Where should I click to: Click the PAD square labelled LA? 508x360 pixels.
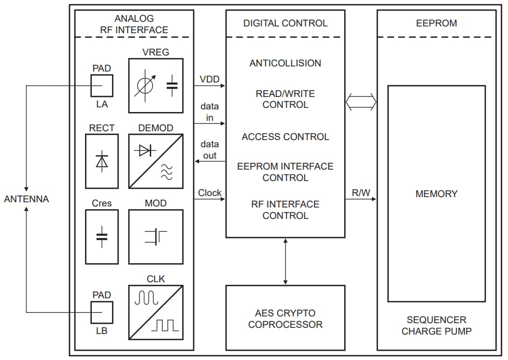(x=102, y=86)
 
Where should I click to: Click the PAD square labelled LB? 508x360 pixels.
(x=102, y=312)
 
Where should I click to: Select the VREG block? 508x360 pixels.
(x=156, y=86)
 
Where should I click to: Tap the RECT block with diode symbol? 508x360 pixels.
(x=102, y=161)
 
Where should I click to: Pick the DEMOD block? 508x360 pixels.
(x=156, y=161)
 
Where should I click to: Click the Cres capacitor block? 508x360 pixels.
(x=102, y=237)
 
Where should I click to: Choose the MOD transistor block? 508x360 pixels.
(x=156, y=237)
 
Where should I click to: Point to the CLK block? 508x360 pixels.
(x=156, y=312)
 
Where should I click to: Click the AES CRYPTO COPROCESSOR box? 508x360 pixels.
(x=285, y=319)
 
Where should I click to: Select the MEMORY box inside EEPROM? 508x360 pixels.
(x=436, y=193)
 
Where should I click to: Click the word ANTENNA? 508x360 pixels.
(x=26, y=199)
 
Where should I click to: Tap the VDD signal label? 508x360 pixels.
(x=209, y=79)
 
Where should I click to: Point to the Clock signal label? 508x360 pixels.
(x=209, y=193)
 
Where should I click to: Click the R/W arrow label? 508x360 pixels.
(x=361, y=193)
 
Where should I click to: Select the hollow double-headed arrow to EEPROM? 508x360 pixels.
(x=361, y=102)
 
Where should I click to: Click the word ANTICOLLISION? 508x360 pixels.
(x=285, y=63)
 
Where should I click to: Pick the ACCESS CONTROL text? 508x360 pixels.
(x=285, y=137)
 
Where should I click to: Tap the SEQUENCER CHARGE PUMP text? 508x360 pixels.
(x=436, y=325)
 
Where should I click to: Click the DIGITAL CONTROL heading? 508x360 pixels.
(x=285, y=23)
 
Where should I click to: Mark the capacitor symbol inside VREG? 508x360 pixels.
(x=171, y=86)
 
